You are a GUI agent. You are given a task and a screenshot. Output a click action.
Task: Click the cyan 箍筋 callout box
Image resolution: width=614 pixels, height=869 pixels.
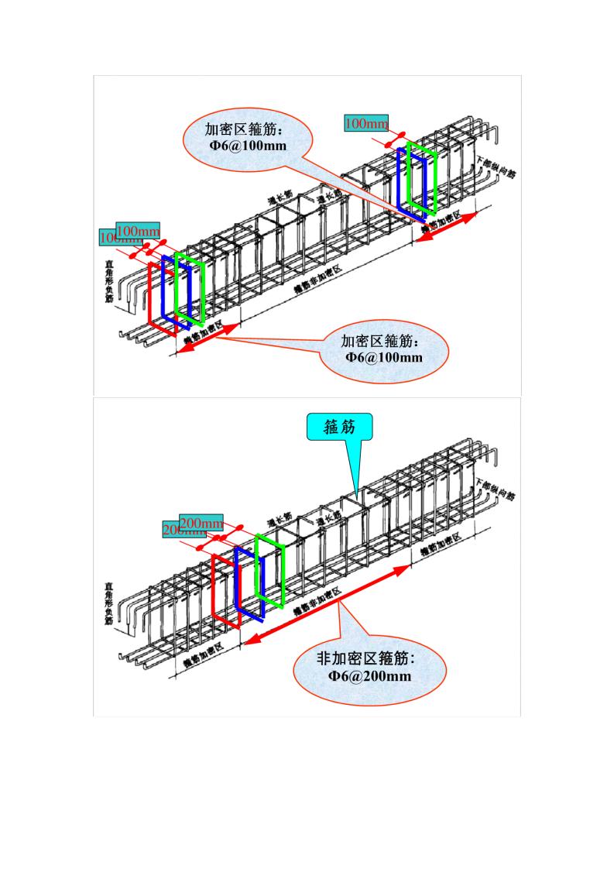click(x=340, y=427)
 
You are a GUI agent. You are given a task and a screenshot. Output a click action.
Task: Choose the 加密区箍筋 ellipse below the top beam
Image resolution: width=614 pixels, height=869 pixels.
click(x=384, y=349)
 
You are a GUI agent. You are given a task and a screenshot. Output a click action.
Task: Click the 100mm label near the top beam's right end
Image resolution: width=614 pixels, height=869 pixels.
click(x=366, y=123)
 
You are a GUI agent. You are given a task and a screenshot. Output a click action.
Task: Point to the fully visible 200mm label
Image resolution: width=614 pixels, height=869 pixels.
click(x=201, y=521)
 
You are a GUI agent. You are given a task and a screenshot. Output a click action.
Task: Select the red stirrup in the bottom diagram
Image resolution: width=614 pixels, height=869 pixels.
click(x=213, y=589)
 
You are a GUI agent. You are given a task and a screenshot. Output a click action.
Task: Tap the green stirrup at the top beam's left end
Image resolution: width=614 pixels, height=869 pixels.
click(x=190, y=288)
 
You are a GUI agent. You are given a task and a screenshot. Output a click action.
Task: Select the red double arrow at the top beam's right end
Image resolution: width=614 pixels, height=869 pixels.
click(x=448, y=228)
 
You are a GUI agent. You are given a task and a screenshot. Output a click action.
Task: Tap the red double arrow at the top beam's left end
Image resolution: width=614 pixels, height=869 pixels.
click(x=208, y=340)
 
